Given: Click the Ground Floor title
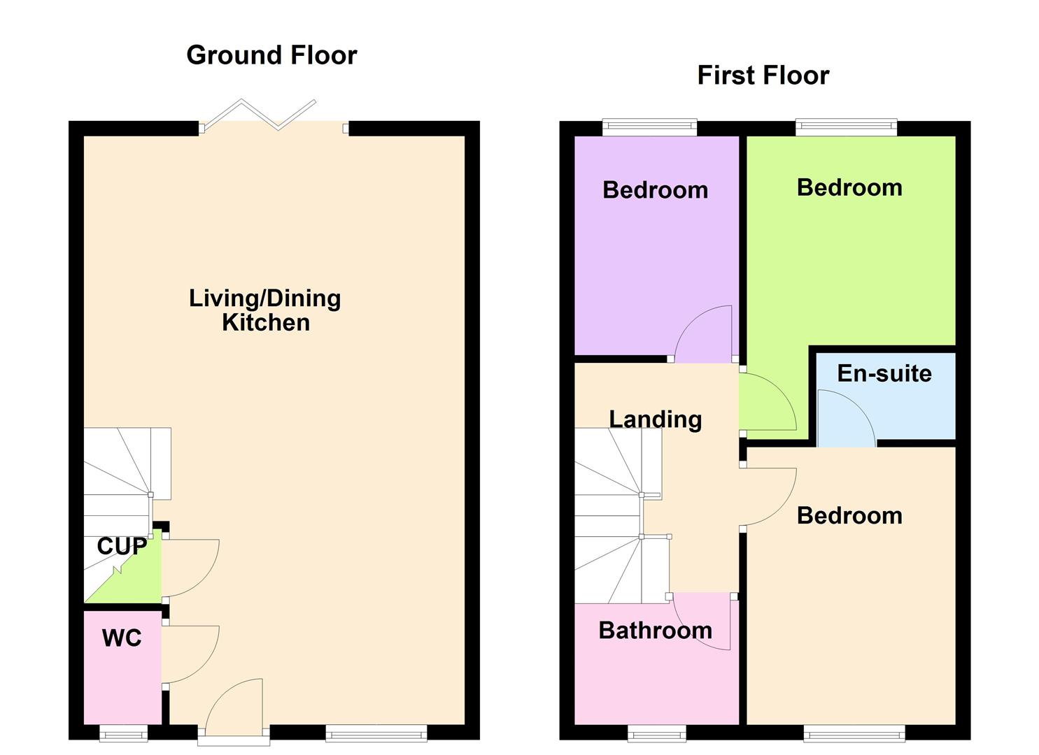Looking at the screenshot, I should [271, 55].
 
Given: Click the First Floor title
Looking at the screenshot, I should [763, 75].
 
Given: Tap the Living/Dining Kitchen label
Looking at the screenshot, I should [265, 310].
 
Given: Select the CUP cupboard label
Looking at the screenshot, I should [122, 546].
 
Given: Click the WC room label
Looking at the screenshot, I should [122, 638].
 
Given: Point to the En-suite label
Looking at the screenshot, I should [884, 373].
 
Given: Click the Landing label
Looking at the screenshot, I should [655, 419].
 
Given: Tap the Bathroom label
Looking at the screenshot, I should [655, 631].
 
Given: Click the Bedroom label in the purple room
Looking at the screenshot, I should [655, 190].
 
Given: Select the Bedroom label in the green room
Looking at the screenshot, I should [849, 187].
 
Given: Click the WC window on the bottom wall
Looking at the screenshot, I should [124, 733].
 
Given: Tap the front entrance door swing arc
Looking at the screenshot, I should [234, 703].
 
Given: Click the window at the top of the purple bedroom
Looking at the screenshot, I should [649, 127].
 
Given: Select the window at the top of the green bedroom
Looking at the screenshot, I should [845, 127].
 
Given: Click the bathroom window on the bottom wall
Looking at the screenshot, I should [656, 733].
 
